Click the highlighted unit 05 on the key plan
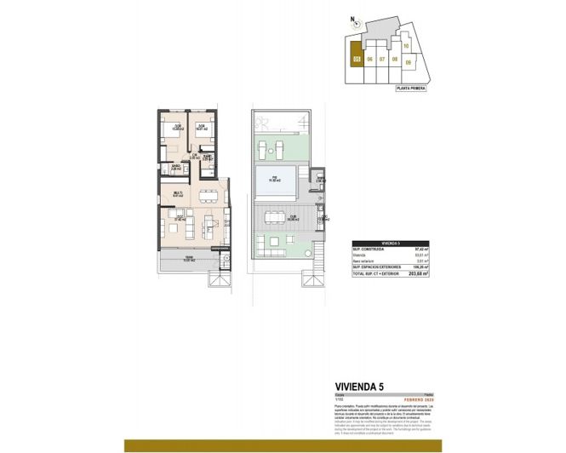pyautogui.click(x=357, y=59)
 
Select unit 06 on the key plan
pyautogui.click(x=370, y=60)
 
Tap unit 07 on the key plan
pyautogui.click(x=383, y=60)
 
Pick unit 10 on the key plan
pyautogui.click(x=407, y=46)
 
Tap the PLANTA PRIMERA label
pyautogui.click(x=410, y=87)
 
